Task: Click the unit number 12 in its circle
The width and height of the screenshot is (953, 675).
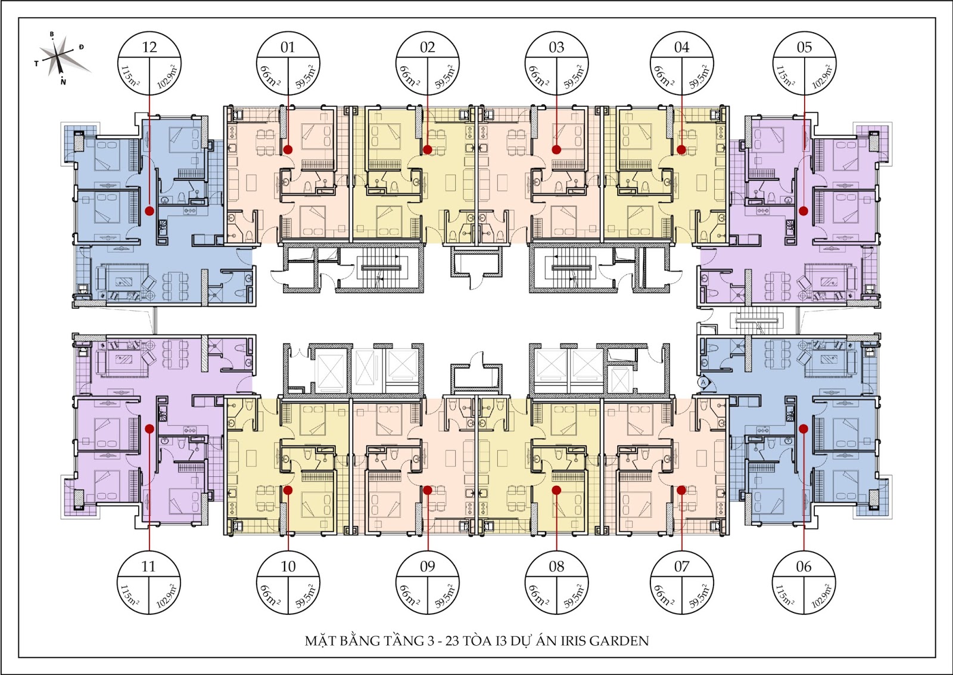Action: click(x=150, y=47)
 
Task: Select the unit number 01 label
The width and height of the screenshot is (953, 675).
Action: click(x=288, y=47)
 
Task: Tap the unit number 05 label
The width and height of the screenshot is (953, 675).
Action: click(x=804, y=47)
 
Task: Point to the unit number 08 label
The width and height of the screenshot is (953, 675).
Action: click(x=556, y=566)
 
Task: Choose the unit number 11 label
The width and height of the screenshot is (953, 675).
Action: click(x=148, y=566)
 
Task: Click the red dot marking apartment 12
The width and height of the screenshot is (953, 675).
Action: click(x=150, y=210)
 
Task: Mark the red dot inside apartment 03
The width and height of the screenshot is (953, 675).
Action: click(x=556, y=150)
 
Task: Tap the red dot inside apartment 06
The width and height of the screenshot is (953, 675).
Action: click(x=803, y=429)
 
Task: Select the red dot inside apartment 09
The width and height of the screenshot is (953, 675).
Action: click(x=428, y=490)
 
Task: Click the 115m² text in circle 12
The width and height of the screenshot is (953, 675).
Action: click(x=130, y=77)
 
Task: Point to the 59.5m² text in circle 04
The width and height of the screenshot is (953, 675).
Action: click(x=700, y=77)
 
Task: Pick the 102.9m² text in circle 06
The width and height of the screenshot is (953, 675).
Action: click(x=822, y=596)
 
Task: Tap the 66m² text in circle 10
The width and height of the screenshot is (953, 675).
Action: click(x=270, y=595)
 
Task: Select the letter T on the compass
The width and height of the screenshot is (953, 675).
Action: click(x=36, y=63)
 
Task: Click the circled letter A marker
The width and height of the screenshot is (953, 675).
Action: click(x=703, y=382)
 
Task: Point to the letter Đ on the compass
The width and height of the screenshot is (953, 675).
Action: click(x=81, y=47)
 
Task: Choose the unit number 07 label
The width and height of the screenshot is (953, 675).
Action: click(x=681, y=566)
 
